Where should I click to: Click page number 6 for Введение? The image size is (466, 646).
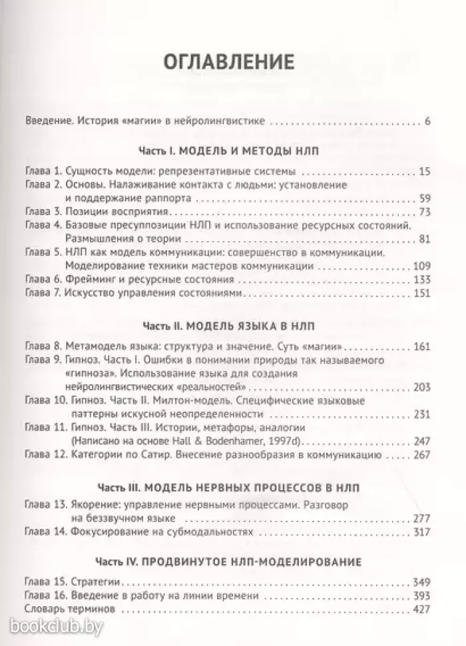point(427,121)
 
